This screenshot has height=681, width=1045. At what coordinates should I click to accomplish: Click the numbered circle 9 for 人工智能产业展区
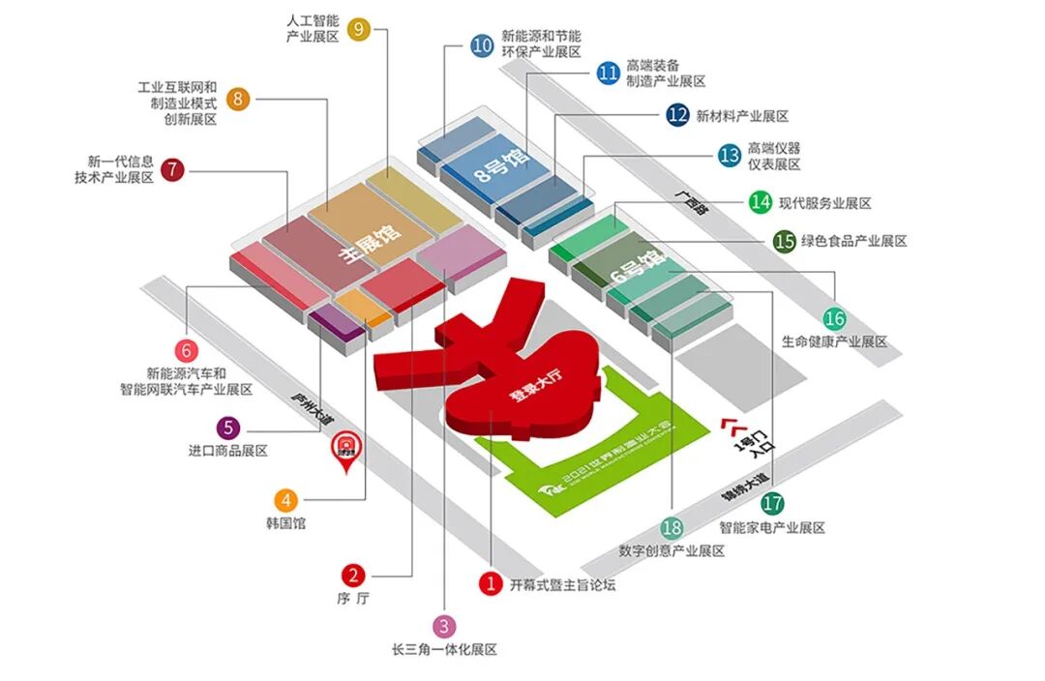coord(358,29)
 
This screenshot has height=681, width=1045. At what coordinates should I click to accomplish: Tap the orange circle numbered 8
coord(238,99)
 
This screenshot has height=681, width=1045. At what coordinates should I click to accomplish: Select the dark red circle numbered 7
coord(172,170)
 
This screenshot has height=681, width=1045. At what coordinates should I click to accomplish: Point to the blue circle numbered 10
coord(482,44)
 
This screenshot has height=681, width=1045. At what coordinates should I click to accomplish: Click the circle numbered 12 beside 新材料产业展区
coord(677,115)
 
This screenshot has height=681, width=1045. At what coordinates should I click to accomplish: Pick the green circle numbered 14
coord(760,202)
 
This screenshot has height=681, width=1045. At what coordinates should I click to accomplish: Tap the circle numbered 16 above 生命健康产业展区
coord(834,318)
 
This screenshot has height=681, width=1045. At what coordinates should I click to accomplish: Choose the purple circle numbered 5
coord(227,427)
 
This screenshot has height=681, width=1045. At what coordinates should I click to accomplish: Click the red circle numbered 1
coord(491,583)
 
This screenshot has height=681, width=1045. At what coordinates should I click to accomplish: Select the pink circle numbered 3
coord(443,626)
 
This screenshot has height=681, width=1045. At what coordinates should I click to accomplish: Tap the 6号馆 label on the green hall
coord(639,271)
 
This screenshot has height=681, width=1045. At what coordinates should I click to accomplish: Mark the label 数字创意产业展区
coord(672,551)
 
